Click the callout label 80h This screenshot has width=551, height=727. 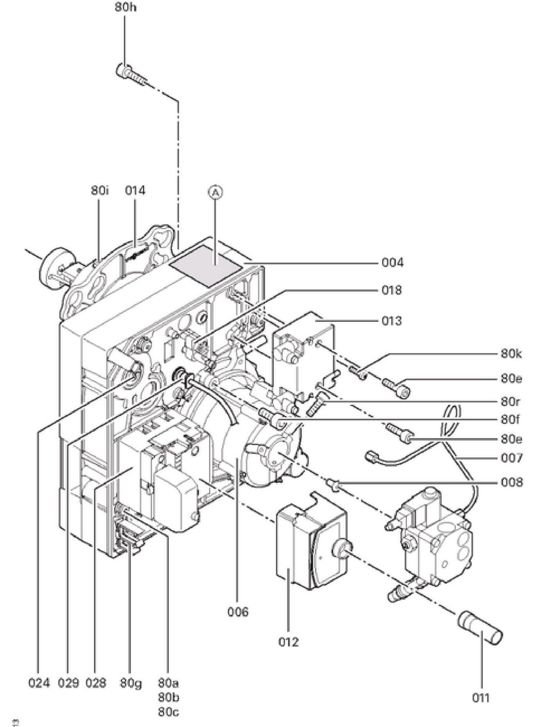[x=126, y=7]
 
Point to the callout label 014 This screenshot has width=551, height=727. [x=135, y=191]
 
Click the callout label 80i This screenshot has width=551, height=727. [x=100, y=191]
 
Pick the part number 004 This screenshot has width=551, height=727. [x=392, y=263]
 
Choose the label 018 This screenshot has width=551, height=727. [x=392, y=290]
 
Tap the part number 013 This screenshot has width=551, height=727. [x=392, y=321]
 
